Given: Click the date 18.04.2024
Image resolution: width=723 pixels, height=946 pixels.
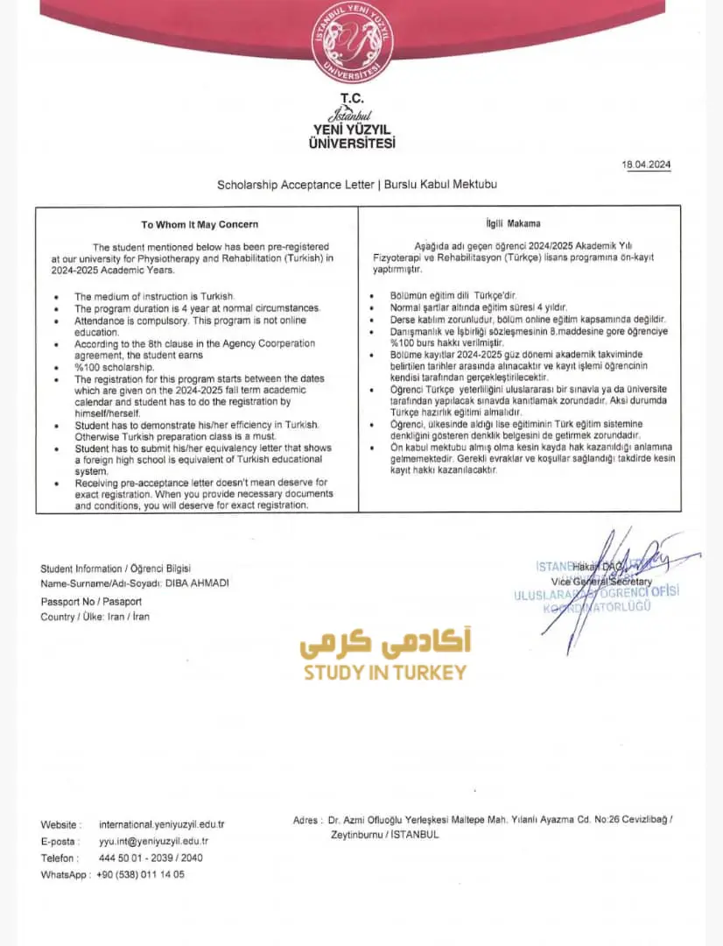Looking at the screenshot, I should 647,165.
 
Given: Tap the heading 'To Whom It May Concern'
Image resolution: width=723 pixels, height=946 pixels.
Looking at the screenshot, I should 200,224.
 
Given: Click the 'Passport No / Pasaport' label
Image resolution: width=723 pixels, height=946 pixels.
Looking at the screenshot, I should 91,602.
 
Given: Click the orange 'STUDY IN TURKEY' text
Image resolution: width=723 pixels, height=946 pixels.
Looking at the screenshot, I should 385,673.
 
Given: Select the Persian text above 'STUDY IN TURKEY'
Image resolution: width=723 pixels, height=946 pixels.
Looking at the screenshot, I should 385,644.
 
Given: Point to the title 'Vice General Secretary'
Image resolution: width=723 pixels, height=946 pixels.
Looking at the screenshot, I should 601,582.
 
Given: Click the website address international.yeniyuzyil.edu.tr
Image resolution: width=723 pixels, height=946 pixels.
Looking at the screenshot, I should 162,824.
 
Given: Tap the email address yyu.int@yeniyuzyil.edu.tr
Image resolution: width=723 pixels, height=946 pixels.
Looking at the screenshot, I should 153,841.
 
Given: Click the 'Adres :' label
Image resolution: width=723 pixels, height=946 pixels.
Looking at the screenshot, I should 306,820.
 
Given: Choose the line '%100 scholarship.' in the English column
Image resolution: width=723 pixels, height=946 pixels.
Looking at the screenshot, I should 114,368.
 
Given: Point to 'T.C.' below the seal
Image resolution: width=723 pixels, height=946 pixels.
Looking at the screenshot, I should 352,99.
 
